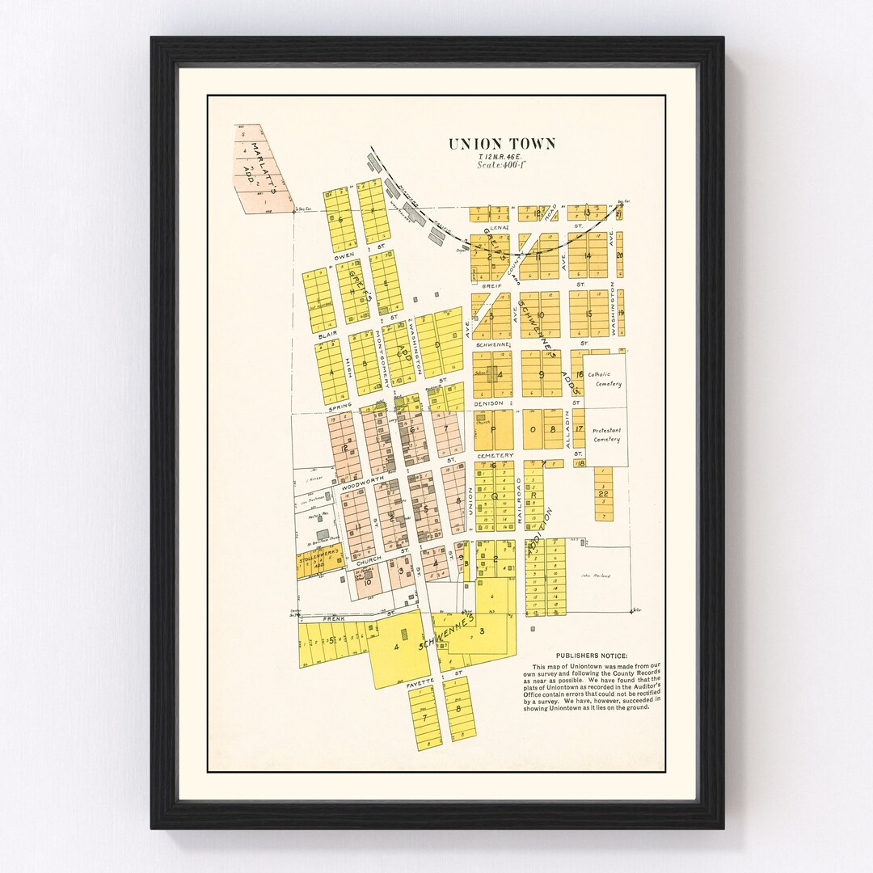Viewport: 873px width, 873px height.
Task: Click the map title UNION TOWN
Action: (x=502, y=144)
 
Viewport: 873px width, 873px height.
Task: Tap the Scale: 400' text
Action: (x=501, y=165)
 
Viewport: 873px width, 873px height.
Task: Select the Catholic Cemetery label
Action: (x=605, y=379)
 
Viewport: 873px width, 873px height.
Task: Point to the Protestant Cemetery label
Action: (x=606, y=435)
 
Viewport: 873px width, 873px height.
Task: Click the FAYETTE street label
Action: (x=421, y=683)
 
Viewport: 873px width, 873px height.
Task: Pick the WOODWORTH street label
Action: (x=357, y=487)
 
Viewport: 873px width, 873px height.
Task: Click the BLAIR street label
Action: (x=327, y=334)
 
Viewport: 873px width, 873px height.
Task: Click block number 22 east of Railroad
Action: (x=602, y=493)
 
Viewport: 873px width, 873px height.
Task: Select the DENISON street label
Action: (x=489, y=403)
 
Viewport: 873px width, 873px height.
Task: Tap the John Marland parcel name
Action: (x=594, y=576)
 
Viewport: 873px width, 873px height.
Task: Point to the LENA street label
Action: (x=496, y=228)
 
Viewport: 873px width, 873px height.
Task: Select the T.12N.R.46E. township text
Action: (x=501, y=155)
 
